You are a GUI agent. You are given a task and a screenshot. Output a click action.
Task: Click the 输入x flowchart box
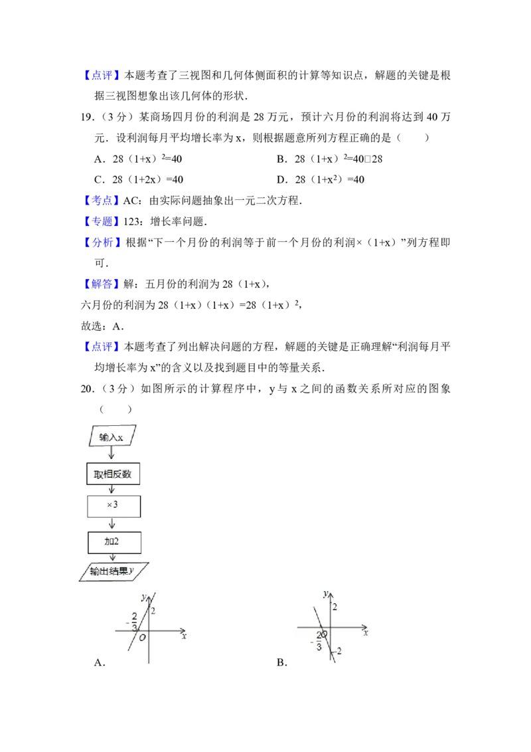click(x=112, y=437)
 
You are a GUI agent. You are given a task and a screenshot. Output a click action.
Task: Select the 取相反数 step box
click(x=114, y=474)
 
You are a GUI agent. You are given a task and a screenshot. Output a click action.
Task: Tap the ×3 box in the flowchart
click(x=114, y=506)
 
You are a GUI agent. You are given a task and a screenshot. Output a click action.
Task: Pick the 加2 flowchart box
click(x=114, y=541)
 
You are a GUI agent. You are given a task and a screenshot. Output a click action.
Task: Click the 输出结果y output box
click(x=113, y=571)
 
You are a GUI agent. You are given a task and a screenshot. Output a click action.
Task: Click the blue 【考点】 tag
click(x=103, y=200)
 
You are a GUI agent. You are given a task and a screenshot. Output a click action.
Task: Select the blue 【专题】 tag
click(x=103, y=221)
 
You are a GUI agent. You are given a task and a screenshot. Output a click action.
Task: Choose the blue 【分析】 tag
click(x=103, y=242)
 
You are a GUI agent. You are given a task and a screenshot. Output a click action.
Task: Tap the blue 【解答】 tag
click(x=103, y=284)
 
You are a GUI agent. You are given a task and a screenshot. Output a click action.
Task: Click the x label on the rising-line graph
click(x=184, y=636)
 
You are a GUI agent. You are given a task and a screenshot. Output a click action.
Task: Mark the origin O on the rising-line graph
click(x=142, y=638)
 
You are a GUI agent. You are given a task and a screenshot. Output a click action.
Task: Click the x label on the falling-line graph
click(x=366, y=633)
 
